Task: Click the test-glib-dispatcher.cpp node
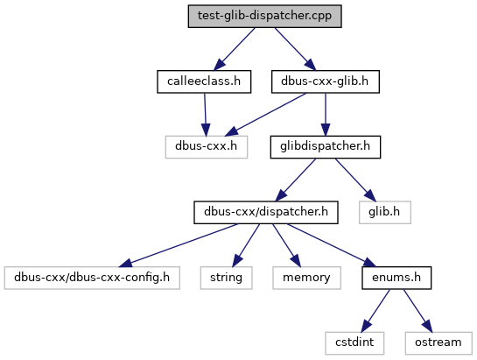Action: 264,16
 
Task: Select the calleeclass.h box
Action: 204,81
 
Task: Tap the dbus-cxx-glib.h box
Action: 326,81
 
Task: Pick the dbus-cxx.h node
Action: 207,147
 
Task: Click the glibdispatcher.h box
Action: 326,147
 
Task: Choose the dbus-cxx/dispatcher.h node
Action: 266,212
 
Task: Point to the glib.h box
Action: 385,212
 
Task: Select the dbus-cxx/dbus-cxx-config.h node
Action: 92,278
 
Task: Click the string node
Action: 227,278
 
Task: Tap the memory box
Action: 306,278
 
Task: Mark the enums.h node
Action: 396,278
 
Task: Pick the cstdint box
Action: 354,343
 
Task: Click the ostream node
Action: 438,343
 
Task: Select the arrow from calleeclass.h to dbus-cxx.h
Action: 206,115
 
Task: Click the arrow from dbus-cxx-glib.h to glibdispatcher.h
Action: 326,115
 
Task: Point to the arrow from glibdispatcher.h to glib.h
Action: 355,180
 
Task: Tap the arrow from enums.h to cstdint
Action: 375,311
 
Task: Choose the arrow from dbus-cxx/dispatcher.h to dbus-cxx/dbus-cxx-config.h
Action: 179,245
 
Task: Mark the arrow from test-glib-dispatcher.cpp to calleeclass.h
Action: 235,49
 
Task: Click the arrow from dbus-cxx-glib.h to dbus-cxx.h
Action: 265,115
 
